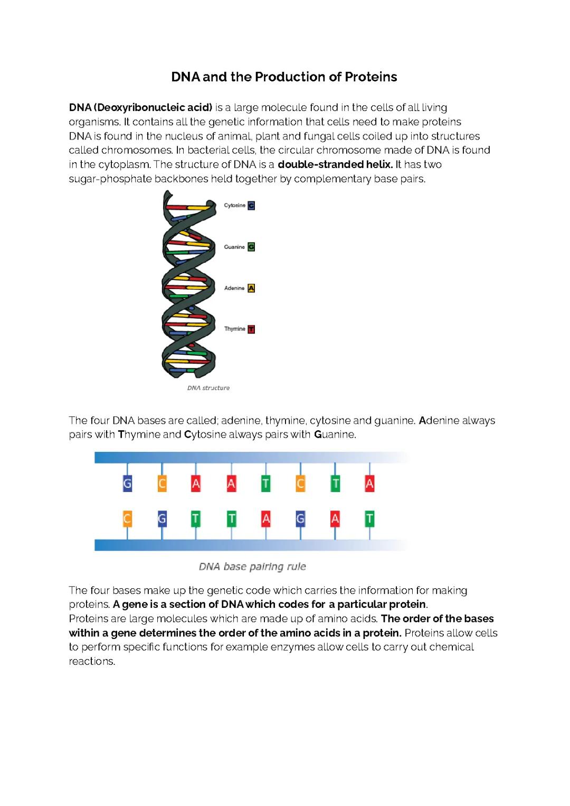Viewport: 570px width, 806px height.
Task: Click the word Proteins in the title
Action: point(370,77)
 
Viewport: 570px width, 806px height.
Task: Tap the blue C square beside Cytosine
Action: point(251,206)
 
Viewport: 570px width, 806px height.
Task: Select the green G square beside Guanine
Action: point(251,247)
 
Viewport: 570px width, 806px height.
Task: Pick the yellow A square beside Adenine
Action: point(251,288)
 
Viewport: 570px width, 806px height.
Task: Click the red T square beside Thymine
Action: point(251,329)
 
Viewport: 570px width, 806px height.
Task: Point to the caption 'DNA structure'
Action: point(208,388)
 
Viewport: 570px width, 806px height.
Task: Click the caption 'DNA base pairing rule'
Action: point(252,567)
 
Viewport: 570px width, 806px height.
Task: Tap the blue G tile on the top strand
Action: point(127,484)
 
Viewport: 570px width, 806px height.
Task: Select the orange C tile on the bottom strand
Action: point(127,520)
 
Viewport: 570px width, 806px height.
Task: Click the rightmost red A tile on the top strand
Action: point(369,484)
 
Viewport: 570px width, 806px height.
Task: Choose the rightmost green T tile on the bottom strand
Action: point(369,520)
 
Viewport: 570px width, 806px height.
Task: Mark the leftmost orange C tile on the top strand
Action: point(162,484)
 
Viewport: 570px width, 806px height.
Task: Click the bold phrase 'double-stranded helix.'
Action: point(335,164)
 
